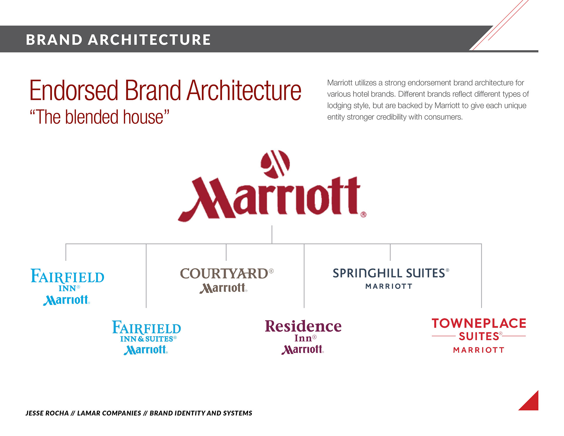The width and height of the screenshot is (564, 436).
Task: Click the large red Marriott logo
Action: click(x=272, y=186)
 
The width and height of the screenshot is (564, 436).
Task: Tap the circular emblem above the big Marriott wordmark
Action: click(x=275, y=164)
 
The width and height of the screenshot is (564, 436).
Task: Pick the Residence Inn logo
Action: click(x=303, y=337)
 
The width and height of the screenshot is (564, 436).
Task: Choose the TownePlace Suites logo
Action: click(x=479, y=336)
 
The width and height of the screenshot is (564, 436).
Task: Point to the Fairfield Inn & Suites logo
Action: click(x=146, y=338)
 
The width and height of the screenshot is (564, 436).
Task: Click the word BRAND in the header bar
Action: click(x=54, y=40)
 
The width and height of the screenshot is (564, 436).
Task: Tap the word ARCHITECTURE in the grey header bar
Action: click(x=149, y=40)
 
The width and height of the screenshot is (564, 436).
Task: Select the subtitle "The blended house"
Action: click(x=100, y=117)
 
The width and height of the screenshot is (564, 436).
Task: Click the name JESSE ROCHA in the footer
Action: click(x=47, y=413)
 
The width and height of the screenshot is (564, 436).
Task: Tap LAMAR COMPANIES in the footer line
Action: click(x=109, y=413)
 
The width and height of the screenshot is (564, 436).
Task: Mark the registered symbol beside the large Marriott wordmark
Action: click(x=364, y=214)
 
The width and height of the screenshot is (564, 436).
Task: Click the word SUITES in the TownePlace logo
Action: click(x=479, y=336)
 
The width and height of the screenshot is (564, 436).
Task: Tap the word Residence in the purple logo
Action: click(x=303, y=326)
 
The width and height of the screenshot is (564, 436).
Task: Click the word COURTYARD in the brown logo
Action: click(x=224, y=274)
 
